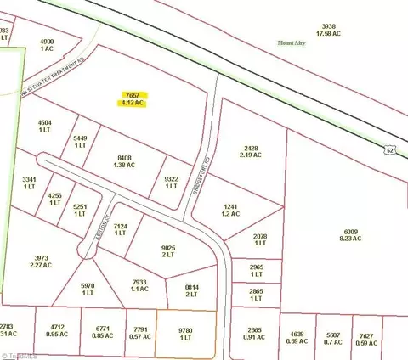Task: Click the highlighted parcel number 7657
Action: click(132, 94)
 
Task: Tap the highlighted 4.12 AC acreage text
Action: click(132, 103)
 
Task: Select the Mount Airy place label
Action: click(292, 42)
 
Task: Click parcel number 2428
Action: click(249, 147)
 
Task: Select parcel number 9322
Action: click(172, 178)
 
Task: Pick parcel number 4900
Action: click(47, 40)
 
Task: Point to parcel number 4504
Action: click(45, 123)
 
